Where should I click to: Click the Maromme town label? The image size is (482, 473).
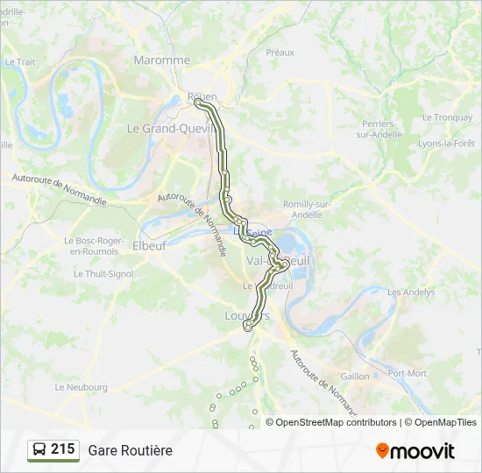coord(161,60)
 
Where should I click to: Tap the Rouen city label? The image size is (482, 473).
coord(202,96)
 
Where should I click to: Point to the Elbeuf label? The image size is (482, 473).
coord(149,246)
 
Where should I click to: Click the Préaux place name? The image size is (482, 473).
coord(280,53)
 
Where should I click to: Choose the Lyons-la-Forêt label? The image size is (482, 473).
coord(446,143)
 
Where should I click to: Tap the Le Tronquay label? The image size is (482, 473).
coord(447,117)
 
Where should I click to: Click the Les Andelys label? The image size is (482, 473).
coord(411,292)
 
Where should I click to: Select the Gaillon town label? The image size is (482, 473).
coord(355,376)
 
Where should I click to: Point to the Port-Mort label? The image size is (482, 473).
coord(408,373)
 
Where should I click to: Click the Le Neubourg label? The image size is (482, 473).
coord(81,386)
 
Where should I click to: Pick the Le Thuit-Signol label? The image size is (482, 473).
coord(103,274)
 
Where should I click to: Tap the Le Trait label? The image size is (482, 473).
coord(19,62)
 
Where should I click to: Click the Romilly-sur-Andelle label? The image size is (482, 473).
coord(307,209)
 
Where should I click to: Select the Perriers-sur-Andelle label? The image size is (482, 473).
coord(379,129)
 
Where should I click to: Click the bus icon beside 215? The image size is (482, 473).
coord(39,450)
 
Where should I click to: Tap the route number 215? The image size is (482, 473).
coord(62,449)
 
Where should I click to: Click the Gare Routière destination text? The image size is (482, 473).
coord(130,450)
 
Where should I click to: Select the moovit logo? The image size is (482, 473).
coord(415,450)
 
